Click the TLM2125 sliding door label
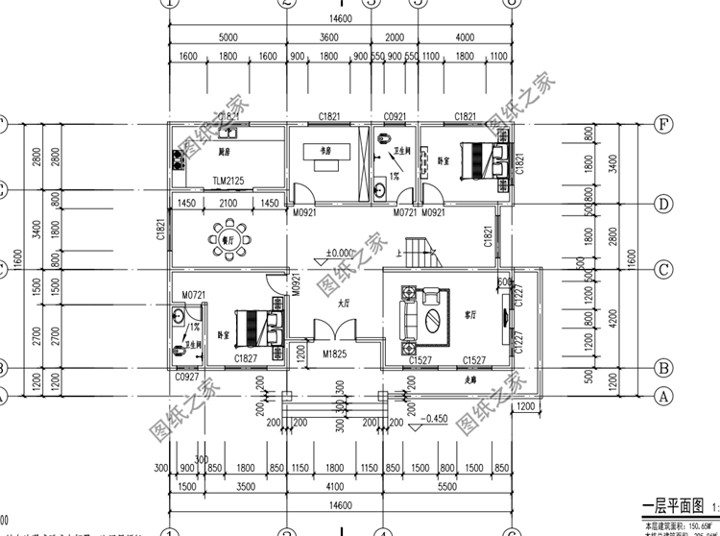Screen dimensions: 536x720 point(228,181)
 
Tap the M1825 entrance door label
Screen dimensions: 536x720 point(334,355)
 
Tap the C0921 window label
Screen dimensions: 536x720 point(395,115)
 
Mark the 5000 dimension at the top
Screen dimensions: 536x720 point(228,37)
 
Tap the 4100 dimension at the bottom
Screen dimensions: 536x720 point(332,487)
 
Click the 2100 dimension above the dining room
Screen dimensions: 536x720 point(228,204)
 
